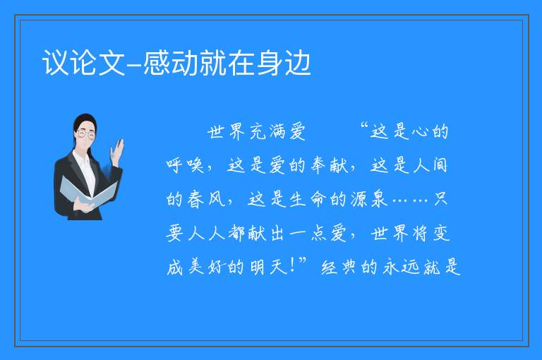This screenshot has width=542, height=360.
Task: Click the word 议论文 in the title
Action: pos(83,63)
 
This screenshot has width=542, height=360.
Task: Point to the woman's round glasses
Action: pos(86,133)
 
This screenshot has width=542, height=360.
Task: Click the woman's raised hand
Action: pos(117,152)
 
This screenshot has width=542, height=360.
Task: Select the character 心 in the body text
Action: pos(421,132)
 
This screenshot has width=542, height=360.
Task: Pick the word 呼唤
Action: pos(185,165)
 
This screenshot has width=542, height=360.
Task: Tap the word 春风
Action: pos(206,199)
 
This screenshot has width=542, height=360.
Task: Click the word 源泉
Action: pos(369,199)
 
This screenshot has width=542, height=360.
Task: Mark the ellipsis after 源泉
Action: pos(411,200)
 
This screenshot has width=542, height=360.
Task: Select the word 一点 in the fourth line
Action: pos(308,233)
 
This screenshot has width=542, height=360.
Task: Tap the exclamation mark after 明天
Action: pos(292,265)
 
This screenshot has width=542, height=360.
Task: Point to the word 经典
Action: pos(339,267)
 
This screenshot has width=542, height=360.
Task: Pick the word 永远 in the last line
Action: pos(401,267)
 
